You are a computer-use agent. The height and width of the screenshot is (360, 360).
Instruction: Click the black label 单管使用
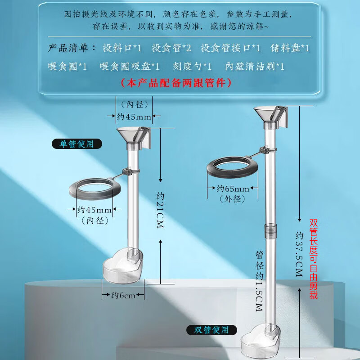pyautogui.click(x=76, y=144)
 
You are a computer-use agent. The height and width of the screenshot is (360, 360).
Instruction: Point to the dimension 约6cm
pyautogui.click(x=123, y=296)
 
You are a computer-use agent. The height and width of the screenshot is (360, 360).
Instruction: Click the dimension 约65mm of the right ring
pyautogui.click(x=233, y=189)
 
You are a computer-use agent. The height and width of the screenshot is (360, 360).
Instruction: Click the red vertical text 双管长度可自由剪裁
pyautogui.click(x=314, y=259)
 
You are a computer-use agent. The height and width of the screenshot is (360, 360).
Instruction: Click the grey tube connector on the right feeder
pyautogui.click(x=270, y=231)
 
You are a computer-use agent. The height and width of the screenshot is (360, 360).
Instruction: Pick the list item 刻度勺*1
pyautogui.click(x=192, y=67)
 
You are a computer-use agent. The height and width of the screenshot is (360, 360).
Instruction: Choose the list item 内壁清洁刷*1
pyautogui.click(x=255, y=67)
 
